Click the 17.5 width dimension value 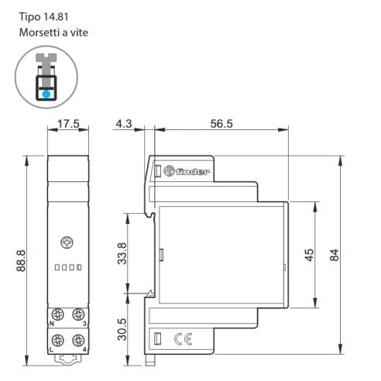pyautogui.click(x=68, y=124)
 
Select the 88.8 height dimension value pyautogui.click(x=21, y=261)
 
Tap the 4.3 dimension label pyautogui.click(x=124, y=124)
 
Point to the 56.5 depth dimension pyautogui.click(x=221, y=124)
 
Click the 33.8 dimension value pyautogui.click(x=122, y=253)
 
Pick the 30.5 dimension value pyautogui.click(x=122, y=329)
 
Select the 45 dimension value pyautogui.click(x=309, y=255)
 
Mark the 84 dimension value pyautogui.click(x=335, y=255)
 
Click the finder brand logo pyautogui.click(x=187, y=171)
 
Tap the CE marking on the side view pyautogui.click(x=184, y=339)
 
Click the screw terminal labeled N pyautogui.click(x=57, y=314)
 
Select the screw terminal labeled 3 pyautogui.click(x=78, y=314)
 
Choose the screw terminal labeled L pyautogui.click(x=57, y=340)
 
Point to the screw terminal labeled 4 pyautogui.click(x=78, y=340)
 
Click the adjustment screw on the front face pyautogui.click(x=67, y=242)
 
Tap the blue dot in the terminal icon pyautogui.click(x=46, y=94)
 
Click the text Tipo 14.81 pyautogui.click(x=43, y=17)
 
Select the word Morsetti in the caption pyautogui.click(x=37, y=33)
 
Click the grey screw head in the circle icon pyautogui.click(x=46, y=57)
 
